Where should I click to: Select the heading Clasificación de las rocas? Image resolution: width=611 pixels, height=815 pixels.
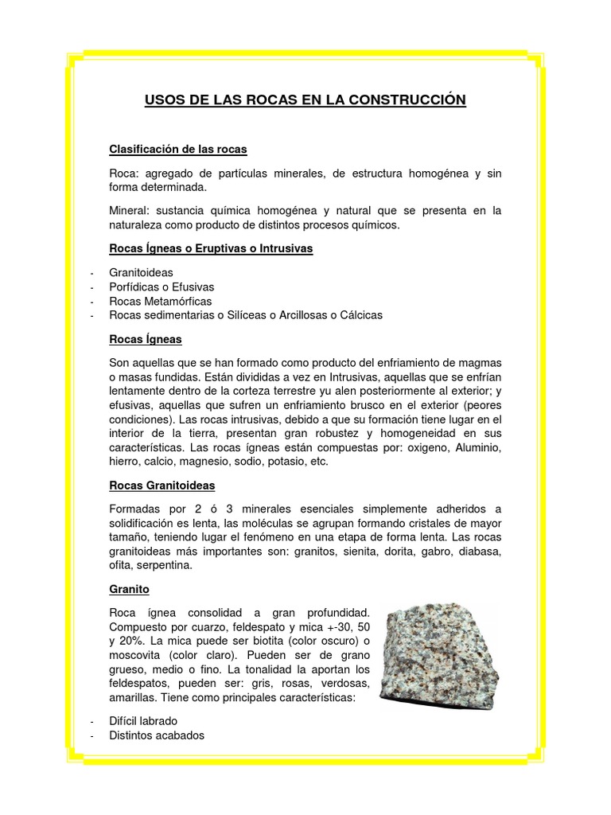(178, 150)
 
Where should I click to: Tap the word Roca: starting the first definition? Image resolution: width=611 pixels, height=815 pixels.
(125, 174)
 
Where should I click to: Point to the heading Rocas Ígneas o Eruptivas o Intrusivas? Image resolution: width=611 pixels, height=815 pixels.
(211, 248)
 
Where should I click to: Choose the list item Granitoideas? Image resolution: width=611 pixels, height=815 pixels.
(141, 272)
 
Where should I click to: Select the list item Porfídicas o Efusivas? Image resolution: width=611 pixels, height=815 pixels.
(162, 287)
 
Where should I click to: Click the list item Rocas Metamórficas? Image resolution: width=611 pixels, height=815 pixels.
(161, 301)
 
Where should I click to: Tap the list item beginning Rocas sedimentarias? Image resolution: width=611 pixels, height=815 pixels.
(246, 315)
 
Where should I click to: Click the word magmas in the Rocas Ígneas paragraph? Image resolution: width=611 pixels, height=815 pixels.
(481, 361)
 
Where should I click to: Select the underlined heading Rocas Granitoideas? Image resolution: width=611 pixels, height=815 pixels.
(162, 485)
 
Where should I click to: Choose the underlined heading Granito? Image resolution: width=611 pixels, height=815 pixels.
(129, 590)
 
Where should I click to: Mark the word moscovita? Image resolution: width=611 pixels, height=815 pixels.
(137, 655)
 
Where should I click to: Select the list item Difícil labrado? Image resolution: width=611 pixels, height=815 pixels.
(143, 721)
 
